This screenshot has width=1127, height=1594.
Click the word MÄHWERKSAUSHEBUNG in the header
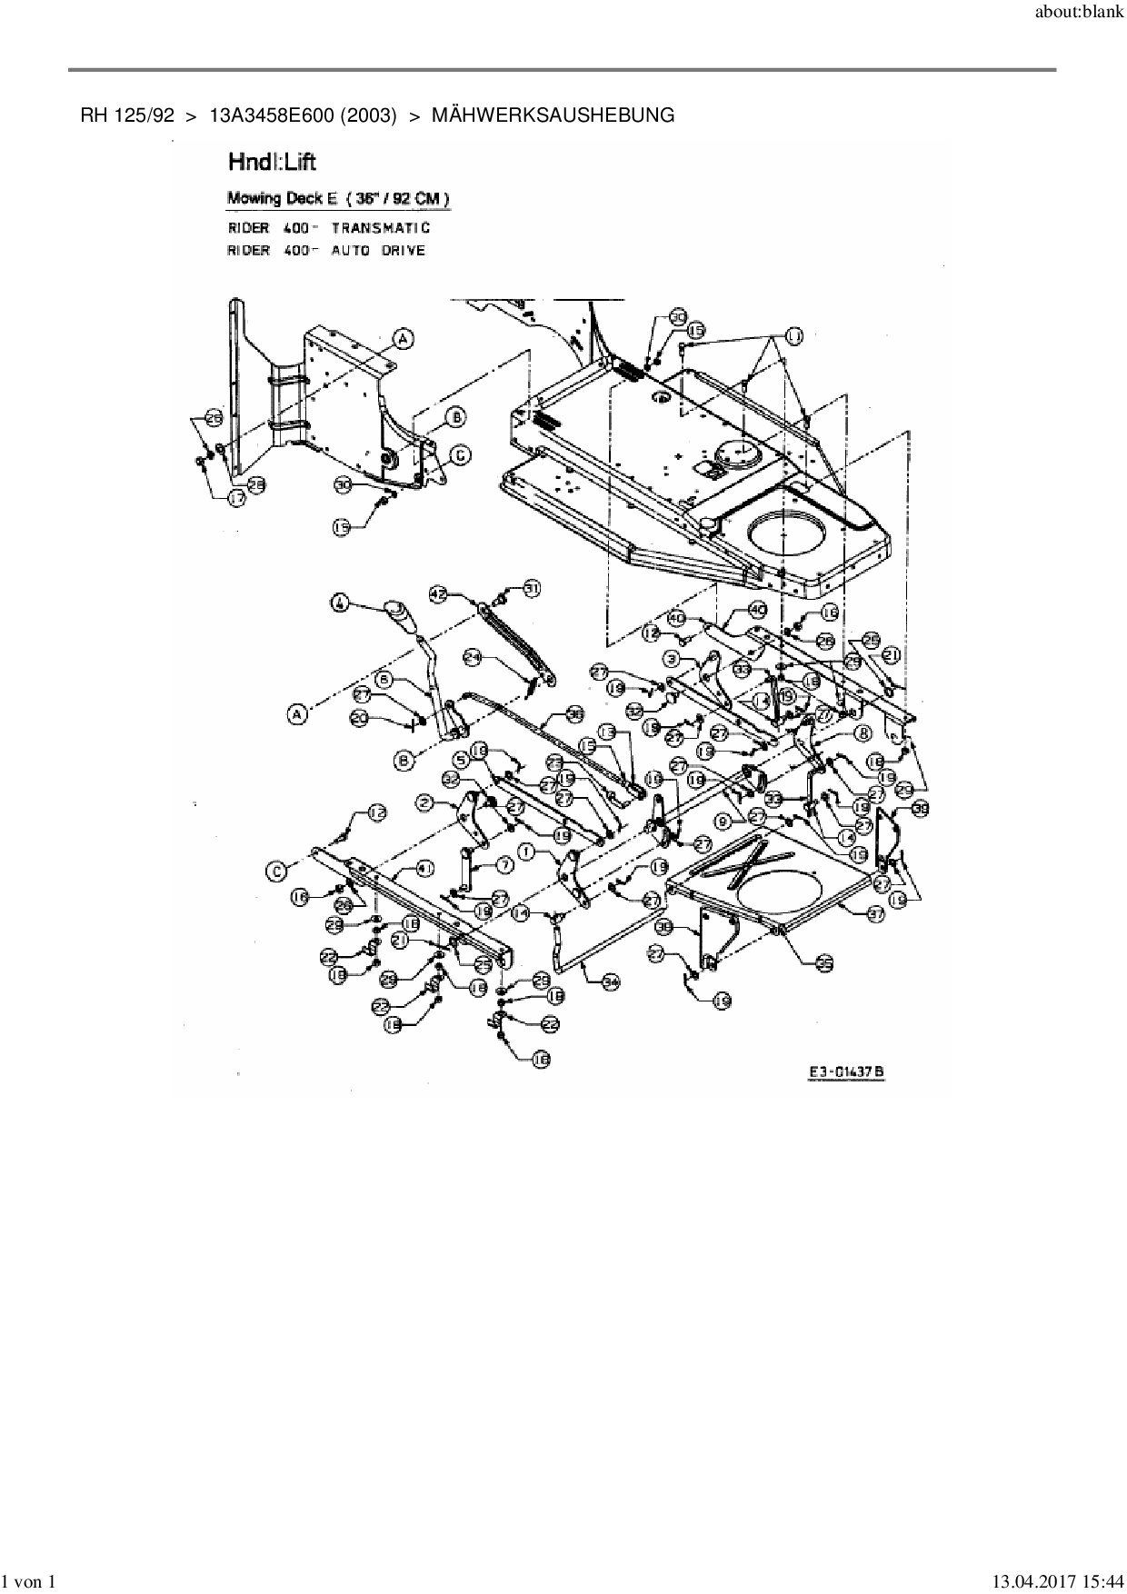(553, 115)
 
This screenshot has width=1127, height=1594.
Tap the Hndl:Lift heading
(272, 163)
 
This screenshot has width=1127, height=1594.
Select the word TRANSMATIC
(381, 228)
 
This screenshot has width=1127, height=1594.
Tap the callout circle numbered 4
(339, 603)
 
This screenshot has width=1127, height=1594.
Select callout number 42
(438, 594)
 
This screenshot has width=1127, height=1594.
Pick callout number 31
(531, 589)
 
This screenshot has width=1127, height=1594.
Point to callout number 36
(575, 714)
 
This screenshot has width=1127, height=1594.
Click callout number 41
(424, 869)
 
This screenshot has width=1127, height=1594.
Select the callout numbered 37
(875, 915)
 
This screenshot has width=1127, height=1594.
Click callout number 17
(237, 499)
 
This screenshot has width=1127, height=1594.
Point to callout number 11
(795, 337)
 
